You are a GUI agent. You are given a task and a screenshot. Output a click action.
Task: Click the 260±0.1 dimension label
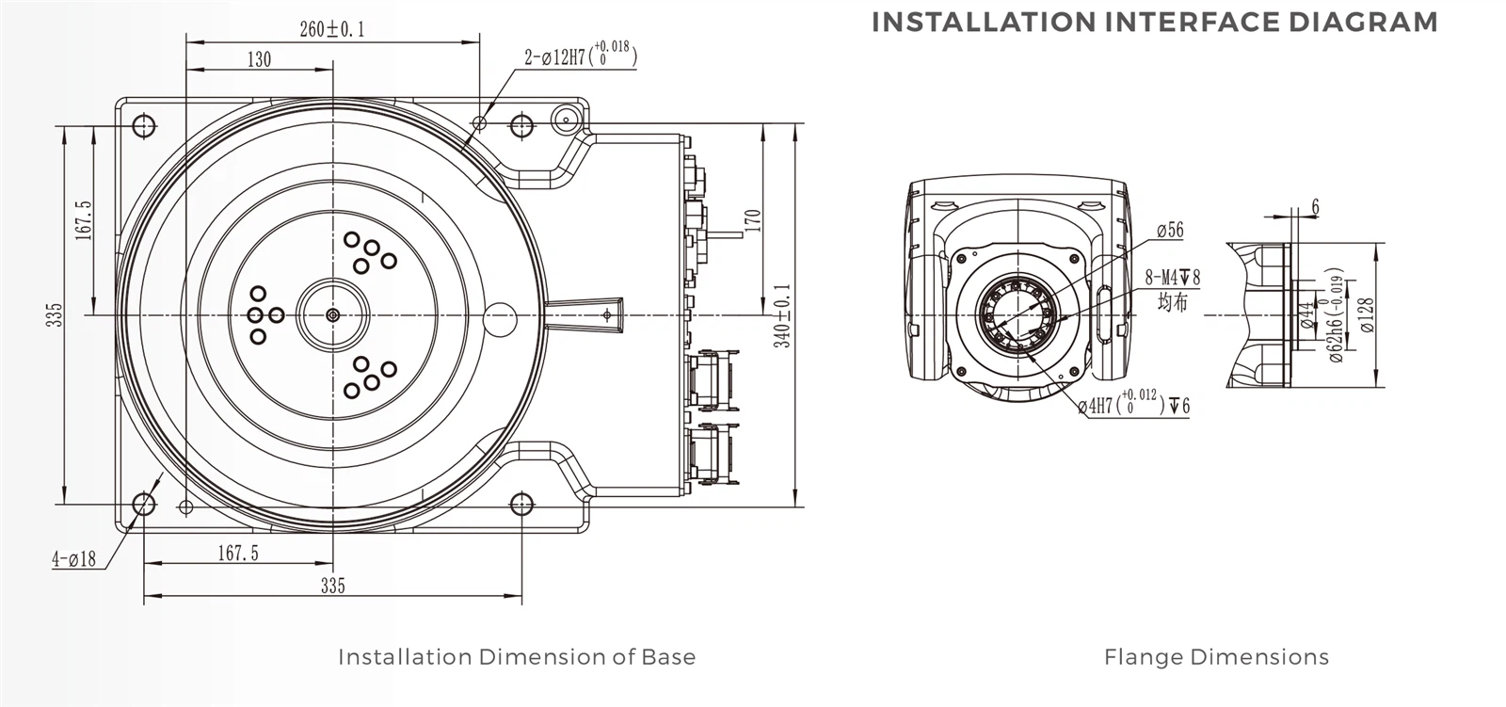[331, 29]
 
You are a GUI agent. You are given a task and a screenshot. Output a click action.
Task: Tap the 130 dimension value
[259, 60]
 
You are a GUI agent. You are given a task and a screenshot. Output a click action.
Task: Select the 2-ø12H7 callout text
[580, 57]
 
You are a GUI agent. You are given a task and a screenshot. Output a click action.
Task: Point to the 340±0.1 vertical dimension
[782, 316]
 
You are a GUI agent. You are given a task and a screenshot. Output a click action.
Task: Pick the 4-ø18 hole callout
[73, 559]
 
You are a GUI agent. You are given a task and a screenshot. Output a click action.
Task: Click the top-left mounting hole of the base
[143, 125]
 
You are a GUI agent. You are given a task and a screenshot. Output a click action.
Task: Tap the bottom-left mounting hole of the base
[143, 506]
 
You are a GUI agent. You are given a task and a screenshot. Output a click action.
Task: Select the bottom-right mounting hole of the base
[521, 506]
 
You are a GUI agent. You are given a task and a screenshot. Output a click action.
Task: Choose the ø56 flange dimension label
[1170, 231]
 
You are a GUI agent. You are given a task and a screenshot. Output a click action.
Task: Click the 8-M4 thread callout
[1172, 278]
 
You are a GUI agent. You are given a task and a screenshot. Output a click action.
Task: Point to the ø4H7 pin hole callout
[1133, 406]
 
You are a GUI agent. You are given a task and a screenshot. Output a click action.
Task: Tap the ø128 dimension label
[1367, 315]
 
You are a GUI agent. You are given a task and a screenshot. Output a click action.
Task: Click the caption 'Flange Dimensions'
[1216, 657]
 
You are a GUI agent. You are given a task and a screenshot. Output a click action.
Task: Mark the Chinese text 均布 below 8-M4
[1172, 302]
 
